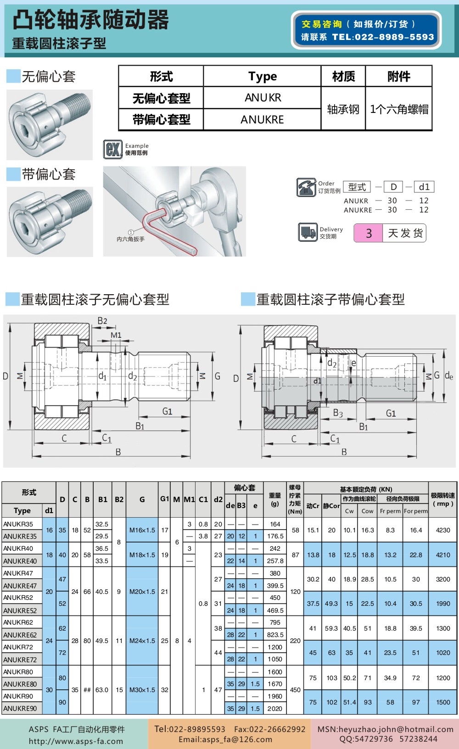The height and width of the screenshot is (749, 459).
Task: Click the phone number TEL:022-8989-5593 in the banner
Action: tap(383, 37)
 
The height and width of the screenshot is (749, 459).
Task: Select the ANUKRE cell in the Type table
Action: tap(262, 120)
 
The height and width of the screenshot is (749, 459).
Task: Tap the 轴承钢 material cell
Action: tap(343, 109)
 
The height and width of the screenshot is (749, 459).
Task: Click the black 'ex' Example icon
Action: tap(113, 149)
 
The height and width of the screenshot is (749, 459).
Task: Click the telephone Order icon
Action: tap(306, 187)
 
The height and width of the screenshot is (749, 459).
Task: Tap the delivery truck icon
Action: tap(308, 232)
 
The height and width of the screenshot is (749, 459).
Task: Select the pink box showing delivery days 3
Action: tap(368, 233)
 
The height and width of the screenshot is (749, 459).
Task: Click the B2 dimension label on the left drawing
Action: tap(102, 321)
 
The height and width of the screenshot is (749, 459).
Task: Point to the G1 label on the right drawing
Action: tap(391, 413)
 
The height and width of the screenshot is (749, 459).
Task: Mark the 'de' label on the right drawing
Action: tap(449, 376)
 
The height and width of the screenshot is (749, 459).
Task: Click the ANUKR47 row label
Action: tap(18, 573)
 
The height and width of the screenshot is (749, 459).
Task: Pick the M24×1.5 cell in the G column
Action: tap(142, 641)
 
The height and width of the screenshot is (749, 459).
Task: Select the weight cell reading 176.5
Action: tap(275, 536)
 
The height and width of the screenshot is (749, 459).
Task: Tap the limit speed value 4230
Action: tap(443, 530)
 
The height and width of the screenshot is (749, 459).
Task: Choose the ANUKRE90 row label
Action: tap(20, 709)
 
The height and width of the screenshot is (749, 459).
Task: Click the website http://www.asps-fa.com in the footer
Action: tap(76, 741)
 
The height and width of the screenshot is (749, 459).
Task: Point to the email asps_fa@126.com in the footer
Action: tap(225, 739)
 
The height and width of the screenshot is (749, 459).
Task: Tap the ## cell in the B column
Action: tap(87, 690)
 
